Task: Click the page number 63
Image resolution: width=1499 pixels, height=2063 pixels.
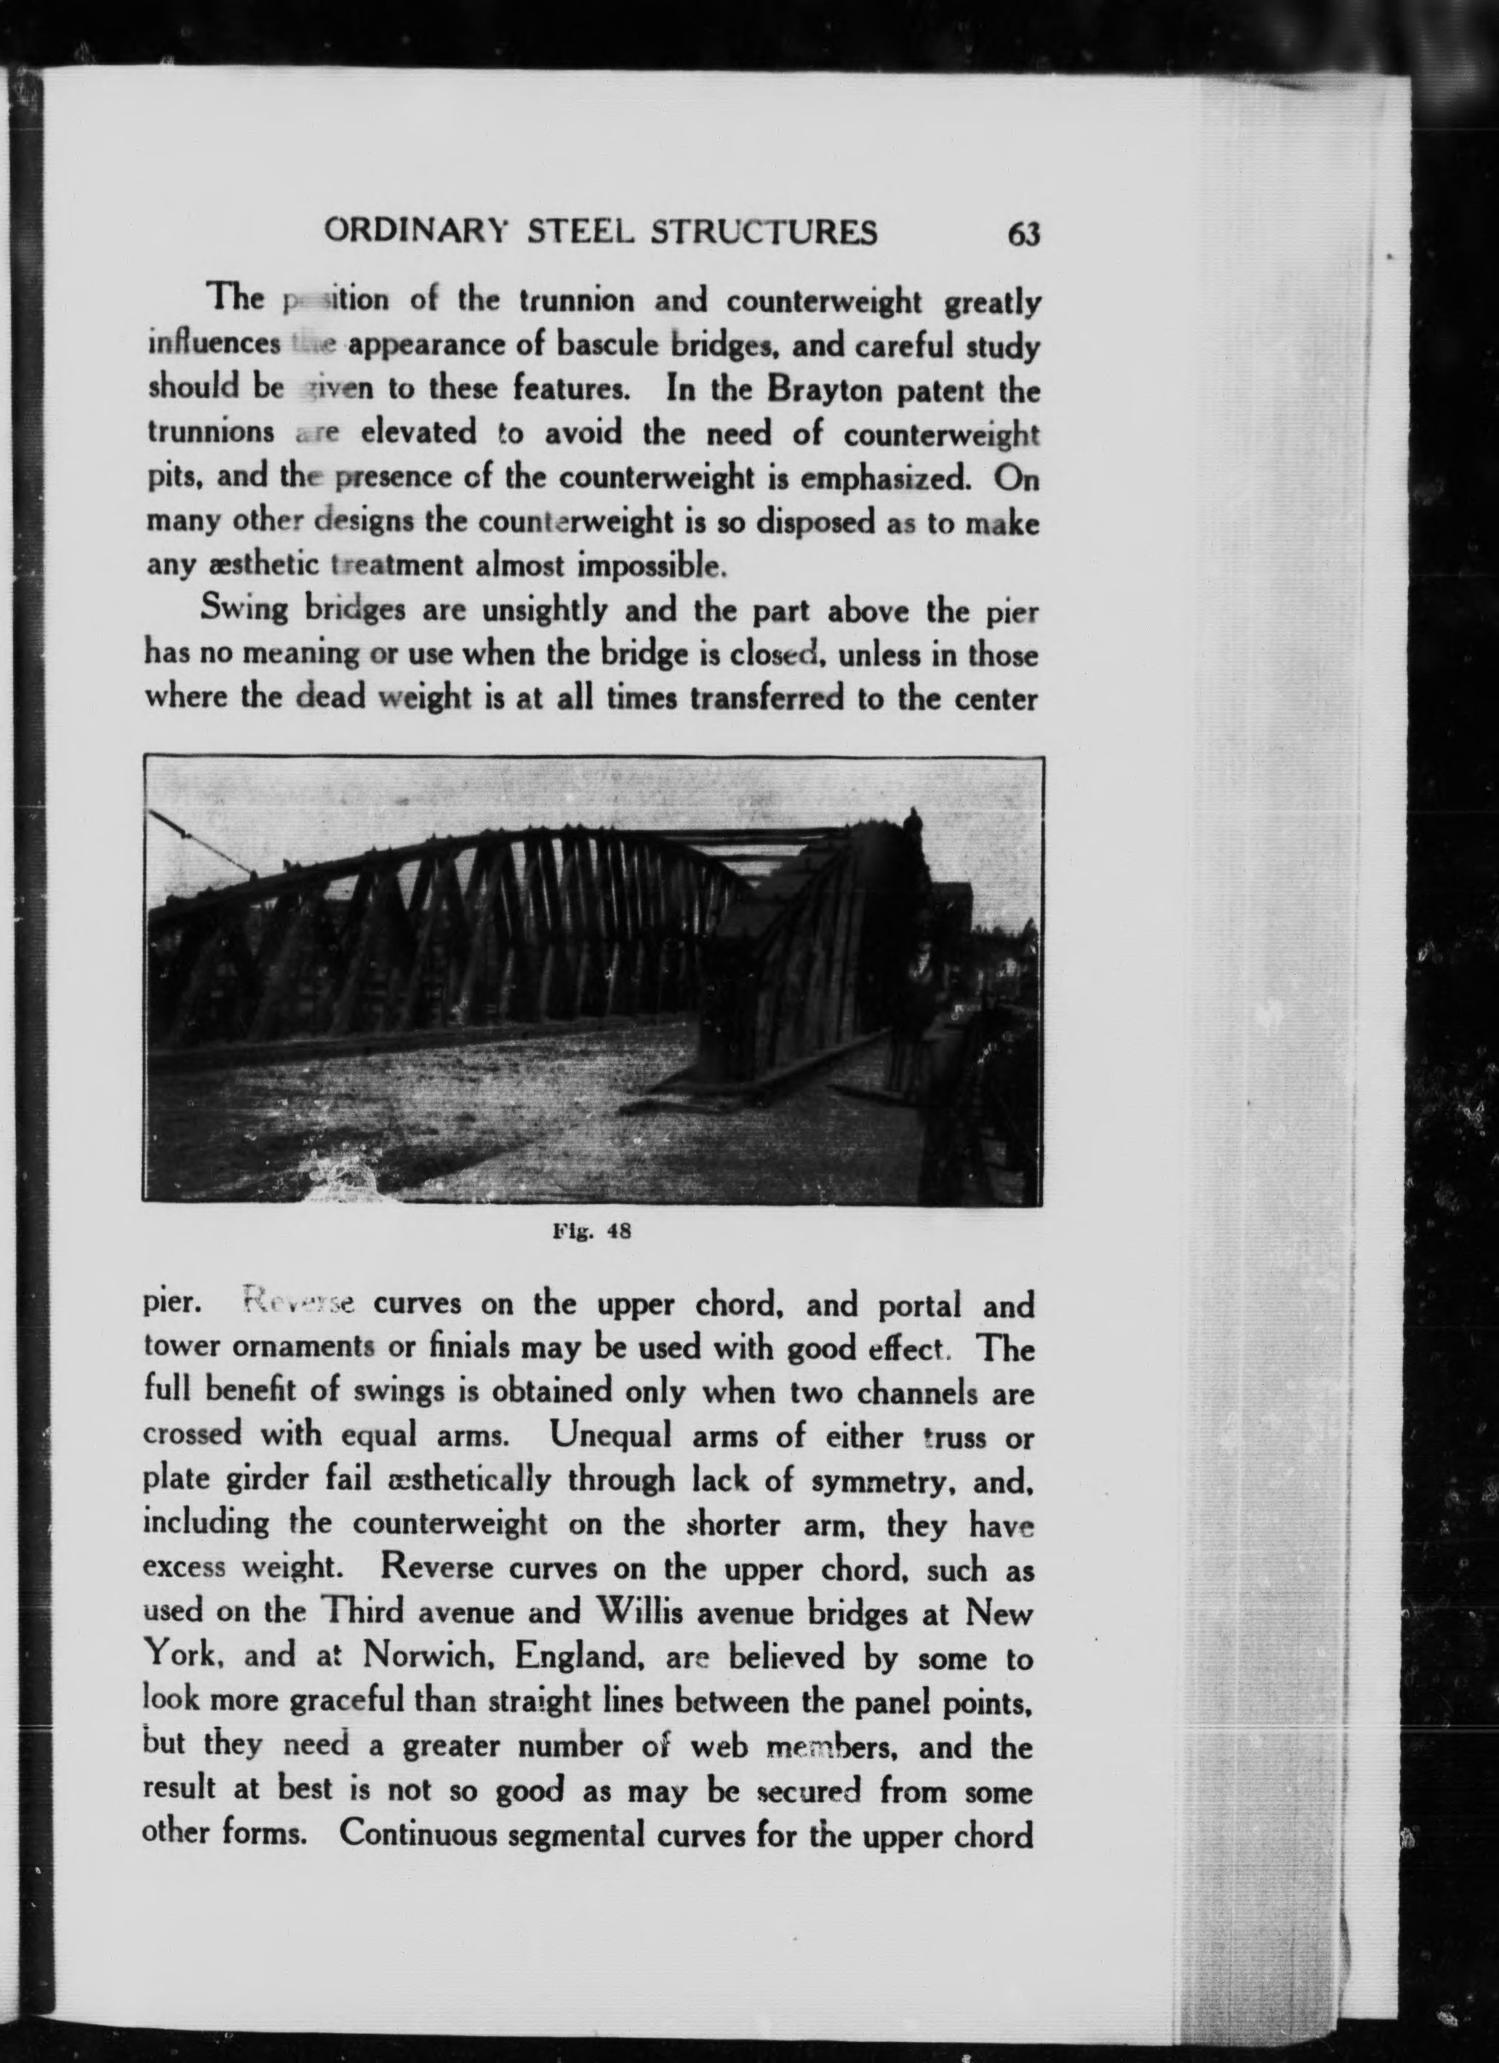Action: (1023, 235)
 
